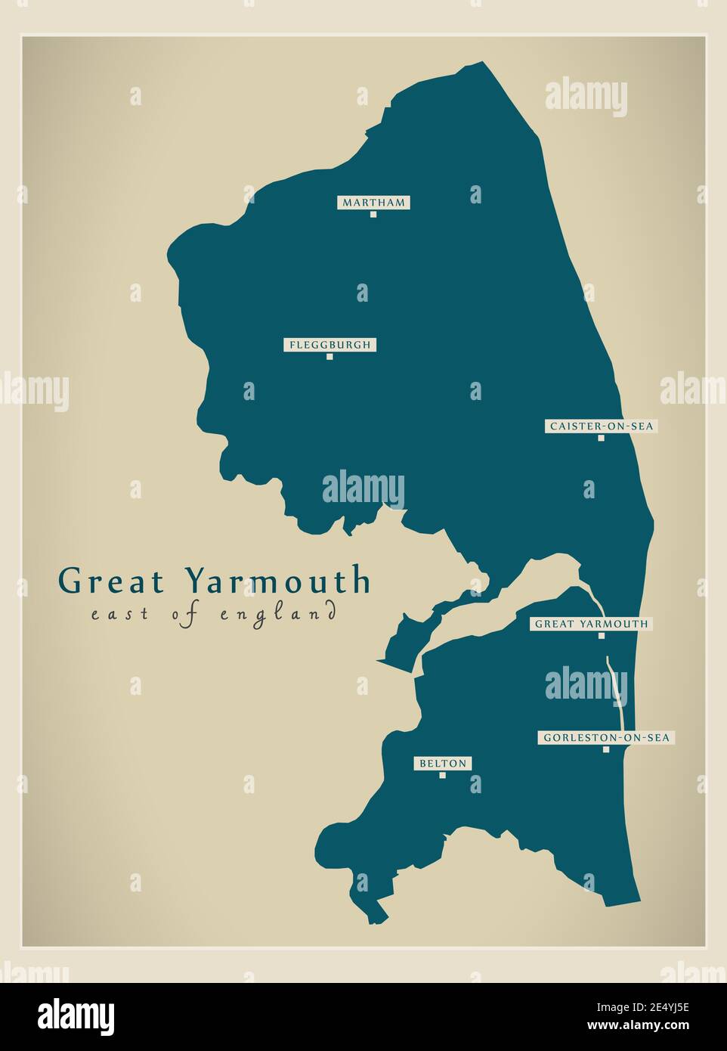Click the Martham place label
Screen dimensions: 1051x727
pyautogui.click(x=373, y=202)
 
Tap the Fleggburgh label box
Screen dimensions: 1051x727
pyautogui.click(x=329, y=345)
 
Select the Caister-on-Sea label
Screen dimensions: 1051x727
pyautogui.click(x=601, y=426)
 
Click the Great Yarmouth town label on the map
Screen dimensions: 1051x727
pyautogui.click(x=591, y=624)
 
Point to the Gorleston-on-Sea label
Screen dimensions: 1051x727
pyautogui.click(x=606, y=737)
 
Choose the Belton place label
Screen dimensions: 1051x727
pyautogui.click(x=443, y=764)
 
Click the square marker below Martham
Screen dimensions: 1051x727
pyautogui.click(x=373, y=214)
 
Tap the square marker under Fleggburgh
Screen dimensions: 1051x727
pyautogui.click(x=329, y=357)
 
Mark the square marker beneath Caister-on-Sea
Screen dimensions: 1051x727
pyautogui.click(x=602, y=438)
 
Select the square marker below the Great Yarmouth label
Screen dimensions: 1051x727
pyautogui.click(x=602, y=636)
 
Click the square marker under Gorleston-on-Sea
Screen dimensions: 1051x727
pyautogui.click(x=606, y=749)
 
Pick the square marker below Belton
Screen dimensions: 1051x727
pyautogui.click(x=443, y=775)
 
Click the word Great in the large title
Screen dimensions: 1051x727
pyautogui.click(x=111, y=581)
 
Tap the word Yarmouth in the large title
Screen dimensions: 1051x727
pyautogui.click(x=278, y=581)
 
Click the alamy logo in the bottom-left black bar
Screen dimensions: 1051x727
pyautogui.click(x=76, y=1015)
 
